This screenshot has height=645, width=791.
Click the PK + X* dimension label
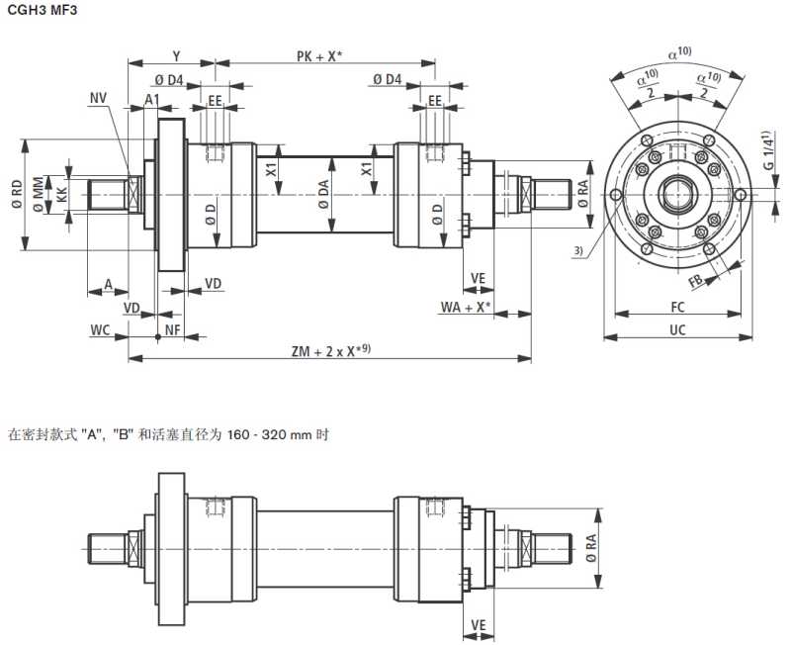318,56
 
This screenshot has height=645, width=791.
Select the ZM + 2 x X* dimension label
330,349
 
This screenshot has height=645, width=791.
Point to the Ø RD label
16,194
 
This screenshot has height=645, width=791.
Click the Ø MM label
39,194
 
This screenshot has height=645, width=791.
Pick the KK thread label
62,194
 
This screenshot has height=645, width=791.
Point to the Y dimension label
176,56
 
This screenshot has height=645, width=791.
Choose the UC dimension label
677,329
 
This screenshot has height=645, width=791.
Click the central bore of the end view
677,193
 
